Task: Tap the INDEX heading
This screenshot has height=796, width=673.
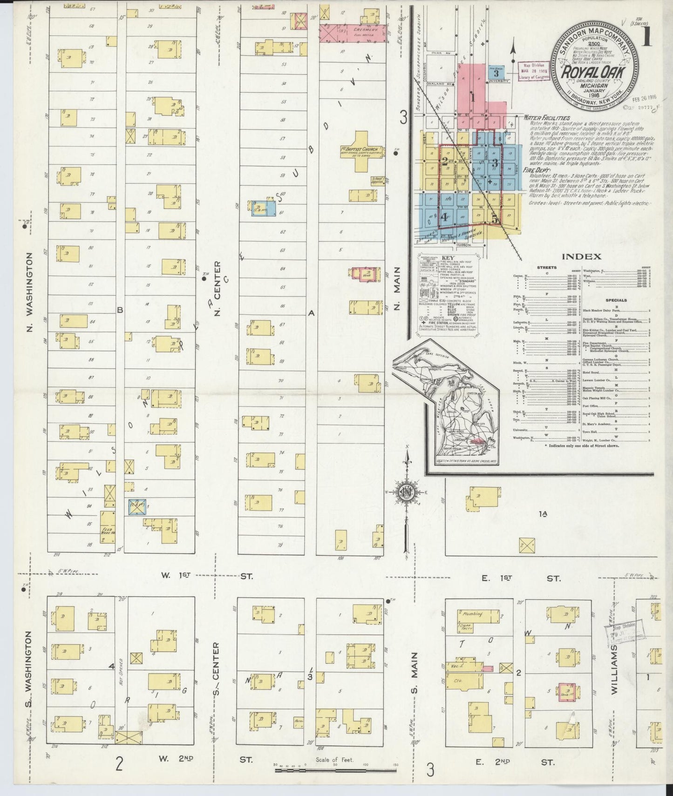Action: (x=581, y=256)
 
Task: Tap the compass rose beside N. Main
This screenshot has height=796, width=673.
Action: (x=406, y=493)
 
